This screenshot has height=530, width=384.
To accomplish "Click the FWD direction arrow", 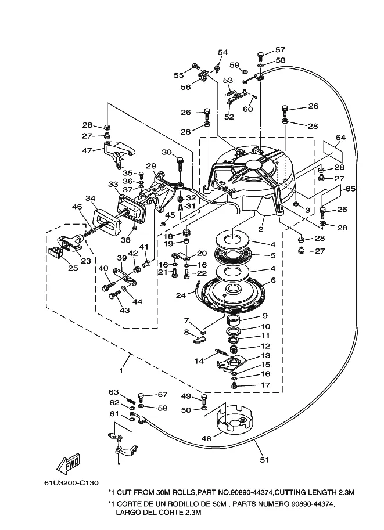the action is tap(68, 463).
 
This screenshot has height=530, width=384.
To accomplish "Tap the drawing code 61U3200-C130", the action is tap(71, 482).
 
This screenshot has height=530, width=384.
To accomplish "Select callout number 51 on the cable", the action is tap(264, 460).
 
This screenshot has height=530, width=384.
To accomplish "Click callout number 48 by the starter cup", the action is tap(206, 438).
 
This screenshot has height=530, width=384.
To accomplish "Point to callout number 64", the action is tap(340, 137).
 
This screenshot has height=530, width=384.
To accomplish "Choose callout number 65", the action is tap(350, 189).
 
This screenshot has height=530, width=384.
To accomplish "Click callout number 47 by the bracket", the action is tap(87, 150).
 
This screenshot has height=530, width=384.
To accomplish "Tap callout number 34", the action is tap(90, 198).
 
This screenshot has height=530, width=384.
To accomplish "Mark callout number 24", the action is tap(181, 295).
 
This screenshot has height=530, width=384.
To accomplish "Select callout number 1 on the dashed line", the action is tap(121, 370).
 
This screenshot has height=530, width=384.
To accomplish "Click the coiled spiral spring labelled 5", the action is tap(234, 255).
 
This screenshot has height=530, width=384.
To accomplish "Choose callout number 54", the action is tap(222, 52).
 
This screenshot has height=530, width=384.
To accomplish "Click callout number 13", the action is tap(265, 355).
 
